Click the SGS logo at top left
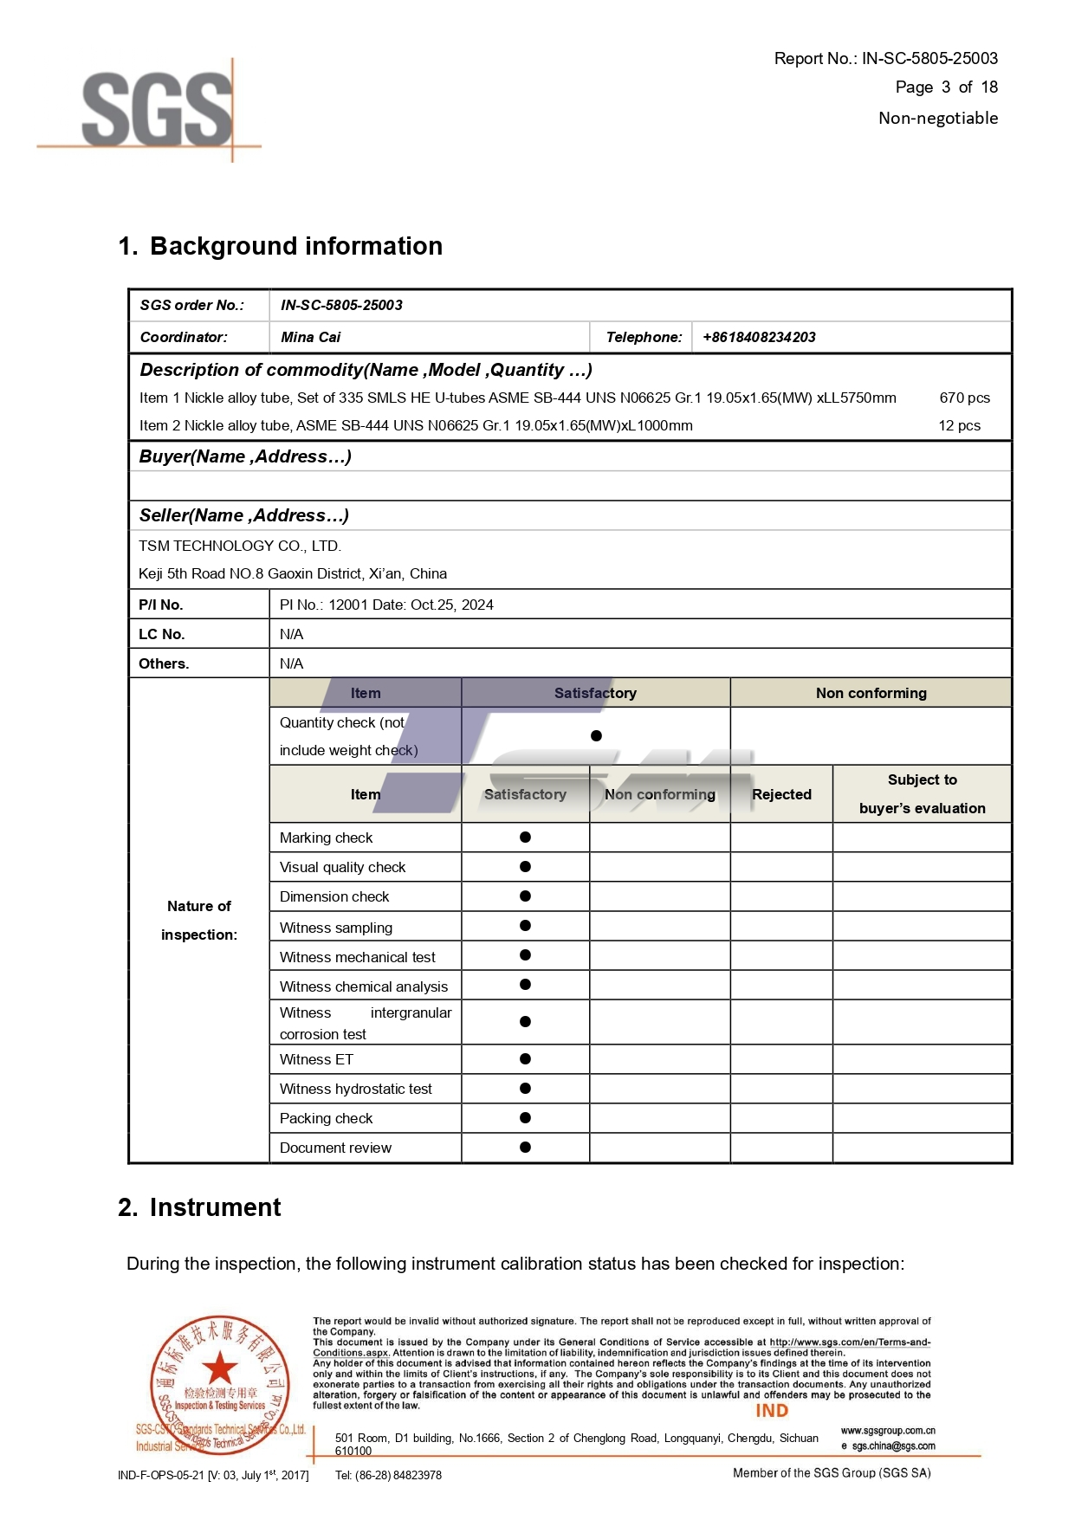point(156,109)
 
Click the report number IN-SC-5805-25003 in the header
point(929,58)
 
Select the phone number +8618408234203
point(759,337)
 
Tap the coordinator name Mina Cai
point(310,337)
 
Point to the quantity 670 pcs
point(964,398)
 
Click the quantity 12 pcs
point(959,425)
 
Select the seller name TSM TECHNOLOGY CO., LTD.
point(240,546)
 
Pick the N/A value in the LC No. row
point(291,634)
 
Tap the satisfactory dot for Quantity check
point(596,735)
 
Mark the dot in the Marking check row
point(525,837)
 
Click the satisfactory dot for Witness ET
point(525,1058)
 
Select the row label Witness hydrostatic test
point(355,1089)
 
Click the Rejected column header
point(781,794)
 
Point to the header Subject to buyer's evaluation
point(922,793)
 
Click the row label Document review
point(335,1148)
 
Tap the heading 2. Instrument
point(199,1207)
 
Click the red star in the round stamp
point(220,1368)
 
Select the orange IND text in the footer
point(772,1410)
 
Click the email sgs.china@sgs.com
point(892,1446)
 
